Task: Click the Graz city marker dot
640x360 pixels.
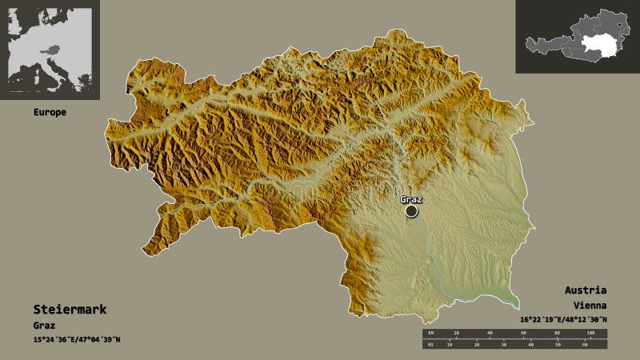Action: (x=411, y=211)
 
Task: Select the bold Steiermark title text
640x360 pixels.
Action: (x=70, y=309)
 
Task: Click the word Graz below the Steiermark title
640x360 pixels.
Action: (x=46, y=326)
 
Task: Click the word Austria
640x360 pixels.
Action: (x=590, y=290)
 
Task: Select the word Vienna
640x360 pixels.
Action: (x=590, y=306)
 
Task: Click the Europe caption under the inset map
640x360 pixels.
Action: (x=50, y=113)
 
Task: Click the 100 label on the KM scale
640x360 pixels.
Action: (x=591, y=332)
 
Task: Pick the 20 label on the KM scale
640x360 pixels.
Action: (x=457, y=332)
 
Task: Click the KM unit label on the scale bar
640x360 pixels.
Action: (x=429, y=332)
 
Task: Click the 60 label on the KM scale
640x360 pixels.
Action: (x=524, y=332)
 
